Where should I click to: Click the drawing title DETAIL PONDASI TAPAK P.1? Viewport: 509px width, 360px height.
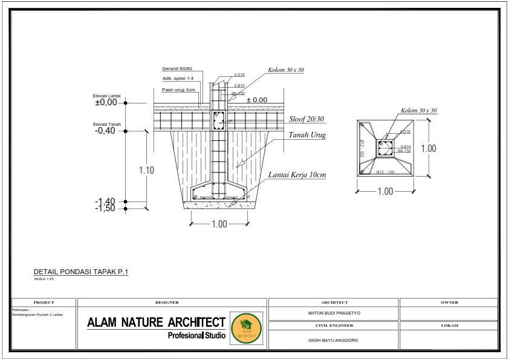click(80, 272)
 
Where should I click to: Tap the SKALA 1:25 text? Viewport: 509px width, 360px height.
click(44, 280)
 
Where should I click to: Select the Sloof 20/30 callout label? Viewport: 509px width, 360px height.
click(307, 120)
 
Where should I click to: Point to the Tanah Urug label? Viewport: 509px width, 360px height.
click(307, 135)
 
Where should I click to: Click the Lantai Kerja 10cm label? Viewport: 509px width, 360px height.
click(297, 175)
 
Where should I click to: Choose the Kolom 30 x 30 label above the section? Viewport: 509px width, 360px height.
click(286, 70)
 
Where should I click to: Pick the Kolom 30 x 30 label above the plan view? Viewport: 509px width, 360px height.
click(418, 111)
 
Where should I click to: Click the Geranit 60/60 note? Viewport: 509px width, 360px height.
click(177, 68)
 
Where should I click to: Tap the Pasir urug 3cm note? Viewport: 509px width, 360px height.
click(178, 90)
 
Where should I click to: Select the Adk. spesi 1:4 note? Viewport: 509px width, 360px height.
click(178, 79)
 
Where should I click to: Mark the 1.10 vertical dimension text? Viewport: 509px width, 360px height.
click(146, 170)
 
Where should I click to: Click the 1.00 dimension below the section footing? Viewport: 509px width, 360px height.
click(219, 224)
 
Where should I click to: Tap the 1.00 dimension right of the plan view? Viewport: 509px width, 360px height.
click(429, 148)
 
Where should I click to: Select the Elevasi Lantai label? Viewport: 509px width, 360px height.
click(106, 96)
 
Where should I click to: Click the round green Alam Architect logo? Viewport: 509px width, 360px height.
click(247, 329)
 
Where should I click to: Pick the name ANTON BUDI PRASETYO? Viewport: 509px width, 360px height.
click(334, 314)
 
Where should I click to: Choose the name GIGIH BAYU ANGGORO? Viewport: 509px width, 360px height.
click(333, 340)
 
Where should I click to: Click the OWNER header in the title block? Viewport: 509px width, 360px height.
click(450, 302)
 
